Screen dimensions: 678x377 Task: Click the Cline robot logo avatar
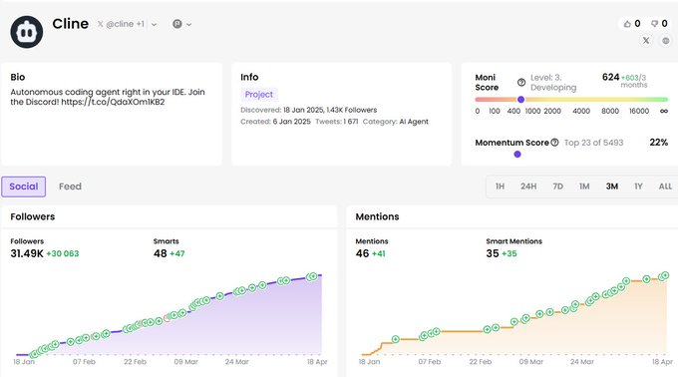tap(27, 32)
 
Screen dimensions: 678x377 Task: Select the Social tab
tap(23, 187)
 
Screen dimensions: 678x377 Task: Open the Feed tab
tap(70, 187)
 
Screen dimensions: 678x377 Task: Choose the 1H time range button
tap(500, 187)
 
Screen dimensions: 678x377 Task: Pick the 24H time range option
tap(528, 187)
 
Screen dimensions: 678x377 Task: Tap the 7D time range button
tap(557, 187)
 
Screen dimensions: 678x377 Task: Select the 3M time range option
tap(612, 187)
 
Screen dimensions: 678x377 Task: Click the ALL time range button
tap(665, 187)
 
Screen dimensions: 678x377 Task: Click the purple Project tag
tap(259, 94)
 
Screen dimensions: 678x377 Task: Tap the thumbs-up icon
tap(627, 24)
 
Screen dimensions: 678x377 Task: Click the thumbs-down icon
tap(655, 24)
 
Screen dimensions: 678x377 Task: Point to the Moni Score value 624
tap(610, 77)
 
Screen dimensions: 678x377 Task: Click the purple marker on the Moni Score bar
tap(521, 100)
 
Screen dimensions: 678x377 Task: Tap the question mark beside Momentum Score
tap(554, 143)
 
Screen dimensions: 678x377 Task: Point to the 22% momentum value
tap(658, 143)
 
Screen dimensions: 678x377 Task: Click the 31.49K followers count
tap(27, 253)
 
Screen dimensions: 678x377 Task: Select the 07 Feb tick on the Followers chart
tap(84, 361)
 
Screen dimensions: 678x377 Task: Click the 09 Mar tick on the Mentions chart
tap(531, 361)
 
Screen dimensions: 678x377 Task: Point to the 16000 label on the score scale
tap(639, 111)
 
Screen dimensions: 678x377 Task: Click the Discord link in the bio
tap(113, 102)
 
